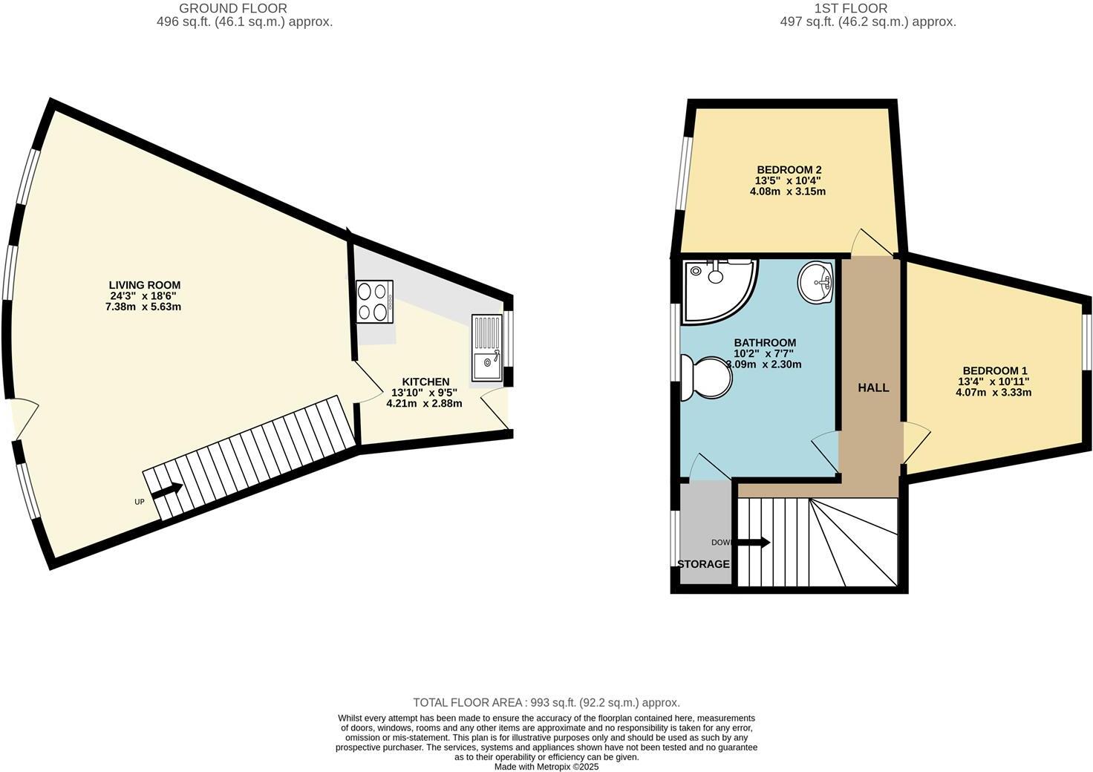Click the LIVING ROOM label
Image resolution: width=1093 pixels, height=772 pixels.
[x=144, y=285]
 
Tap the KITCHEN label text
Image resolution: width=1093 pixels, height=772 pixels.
[x=425, y=382]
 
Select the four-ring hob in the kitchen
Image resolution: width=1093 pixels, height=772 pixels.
[x=375, y=301]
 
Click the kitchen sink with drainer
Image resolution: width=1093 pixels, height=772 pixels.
[x=487, y=347]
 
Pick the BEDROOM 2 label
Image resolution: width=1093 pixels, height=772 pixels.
[x=788, y=169]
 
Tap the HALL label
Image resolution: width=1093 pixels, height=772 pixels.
[x=873, y=387]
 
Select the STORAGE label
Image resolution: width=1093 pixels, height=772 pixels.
[x=703, y=564]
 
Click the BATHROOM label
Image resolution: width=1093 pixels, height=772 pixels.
[x=765, y=342]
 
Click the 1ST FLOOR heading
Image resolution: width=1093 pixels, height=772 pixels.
[x=850, y=9]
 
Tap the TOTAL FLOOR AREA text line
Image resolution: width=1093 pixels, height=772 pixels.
[x=546, y=702]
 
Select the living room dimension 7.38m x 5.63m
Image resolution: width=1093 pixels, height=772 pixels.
[x=143, y=306]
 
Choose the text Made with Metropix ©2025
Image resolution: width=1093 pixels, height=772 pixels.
[x=546, y=767]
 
